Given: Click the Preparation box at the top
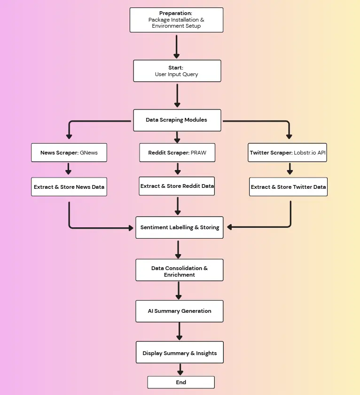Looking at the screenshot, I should [176, 20].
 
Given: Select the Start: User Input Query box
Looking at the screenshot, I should [177, 71].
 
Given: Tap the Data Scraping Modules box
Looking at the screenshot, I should [176, 120].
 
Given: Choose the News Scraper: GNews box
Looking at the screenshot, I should [69, 153].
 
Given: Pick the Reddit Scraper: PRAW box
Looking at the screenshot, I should [177, 153].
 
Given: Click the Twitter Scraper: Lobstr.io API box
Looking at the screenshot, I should [288, 153].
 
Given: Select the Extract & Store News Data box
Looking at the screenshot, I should [69, 187].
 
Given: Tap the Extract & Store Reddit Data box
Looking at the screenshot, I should [177, 186].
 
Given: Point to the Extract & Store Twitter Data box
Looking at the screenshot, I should [288, 187].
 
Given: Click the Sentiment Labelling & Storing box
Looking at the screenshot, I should [180, 227].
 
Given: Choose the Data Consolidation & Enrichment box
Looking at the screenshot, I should [179, 271].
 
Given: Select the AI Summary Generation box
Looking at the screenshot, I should [179, 311].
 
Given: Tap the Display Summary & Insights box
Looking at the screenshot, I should [180, 353].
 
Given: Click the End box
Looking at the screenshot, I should [181, 382].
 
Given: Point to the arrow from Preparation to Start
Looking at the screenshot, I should [177, 46].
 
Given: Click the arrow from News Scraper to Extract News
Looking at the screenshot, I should [69, 169].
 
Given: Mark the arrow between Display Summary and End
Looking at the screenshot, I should [180, 369].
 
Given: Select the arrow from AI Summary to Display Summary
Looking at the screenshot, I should [179, 332].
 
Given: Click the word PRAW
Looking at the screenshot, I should [199, 153].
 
